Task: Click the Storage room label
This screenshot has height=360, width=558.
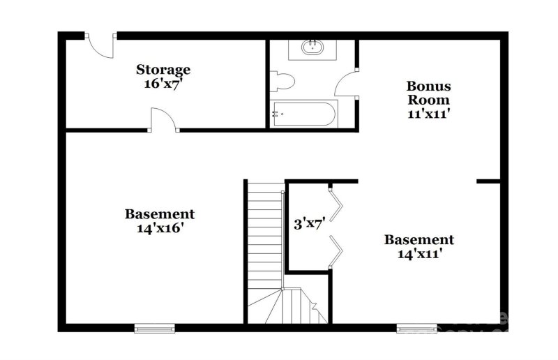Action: [163, 69]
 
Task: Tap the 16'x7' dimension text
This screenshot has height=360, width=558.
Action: [163, 83]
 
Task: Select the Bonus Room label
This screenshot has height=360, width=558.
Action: [429, 93]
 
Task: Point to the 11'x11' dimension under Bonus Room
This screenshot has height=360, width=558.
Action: [428, 114]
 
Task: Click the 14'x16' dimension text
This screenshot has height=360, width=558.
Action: [160, 228]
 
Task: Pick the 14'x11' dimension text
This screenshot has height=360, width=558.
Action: [419, 253]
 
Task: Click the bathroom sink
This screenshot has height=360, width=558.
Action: [312, 49]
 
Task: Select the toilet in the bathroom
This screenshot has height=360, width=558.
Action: [283, 82]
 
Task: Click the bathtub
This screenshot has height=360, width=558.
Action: [304, 114]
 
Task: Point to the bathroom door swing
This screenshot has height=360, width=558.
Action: [347, 84]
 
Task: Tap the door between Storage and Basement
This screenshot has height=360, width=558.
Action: [163, 119]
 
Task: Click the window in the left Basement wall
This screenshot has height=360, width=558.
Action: [154, 328]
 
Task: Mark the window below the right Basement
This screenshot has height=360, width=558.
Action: [416, 328]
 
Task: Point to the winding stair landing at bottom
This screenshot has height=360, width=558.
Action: [287, 307]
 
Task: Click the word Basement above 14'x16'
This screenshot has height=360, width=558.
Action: [160, 214]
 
